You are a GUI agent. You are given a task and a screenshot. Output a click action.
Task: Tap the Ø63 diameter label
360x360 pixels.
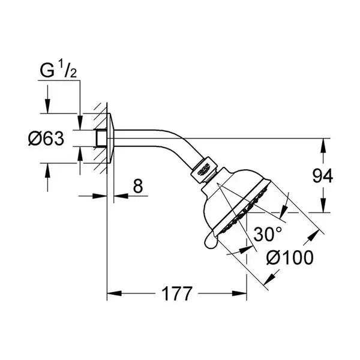click(46, 139)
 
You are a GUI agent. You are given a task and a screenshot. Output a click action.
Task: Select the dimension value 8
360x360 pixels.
click(138, 186)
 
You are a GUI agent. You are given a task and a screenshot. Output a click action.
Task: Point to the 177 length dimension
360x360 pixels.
click(176, 293)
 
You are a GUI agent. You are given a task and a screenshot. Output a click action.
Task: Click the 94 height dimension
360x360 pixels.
click(323, 176)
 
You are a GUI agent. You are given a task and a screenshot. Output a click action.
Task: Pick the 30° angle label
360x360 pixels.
click(268, 234)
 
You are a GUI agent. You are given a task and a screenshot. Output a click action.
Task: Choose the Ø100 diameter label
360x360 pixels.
click(290, 257)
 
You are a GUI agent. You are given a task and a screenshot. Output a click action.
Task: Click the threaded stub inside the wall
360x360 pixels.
click(101, 138)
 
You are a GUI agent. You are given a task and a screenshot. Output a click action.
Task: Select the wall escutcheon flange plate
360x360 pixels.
click(110, 138)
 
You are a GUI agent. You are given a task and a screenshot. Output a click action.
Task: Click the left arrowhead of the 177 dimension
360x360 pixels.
click(115, 293)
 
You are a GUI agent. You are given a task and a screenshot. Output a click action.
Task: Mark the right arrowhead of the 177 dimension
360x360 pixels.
click(239, 293)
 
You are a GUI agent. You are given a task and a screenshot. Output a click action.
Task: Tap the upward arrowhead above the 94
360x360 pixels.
click(323, 145)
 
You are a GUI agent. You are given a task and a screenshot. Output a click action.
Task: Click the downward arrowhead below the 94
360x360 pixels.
click(323, 205)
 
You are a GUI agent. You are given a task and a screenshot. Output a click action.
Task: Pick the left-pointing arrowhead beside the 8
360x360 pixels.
click(121, 196)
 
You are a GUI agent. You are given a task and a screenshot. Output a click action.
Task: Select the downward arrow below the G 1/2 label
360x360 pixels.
click(47, 99)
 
